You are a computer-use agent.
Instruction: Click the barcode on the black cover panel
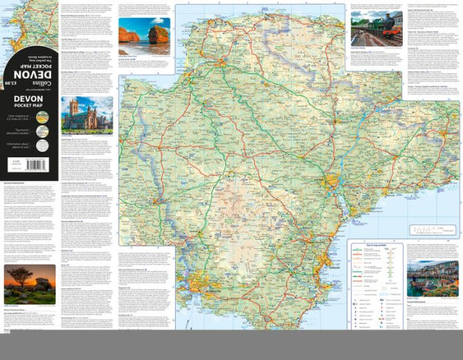(x=15, y=164)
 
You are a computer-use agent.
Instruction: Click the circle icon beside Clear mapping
(x=42, y=119)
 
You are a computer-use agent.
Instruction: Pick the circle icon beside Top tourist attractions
(x=42, y=131)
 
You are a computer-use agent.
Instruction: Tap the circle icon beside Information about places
(x=42, y=143)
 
